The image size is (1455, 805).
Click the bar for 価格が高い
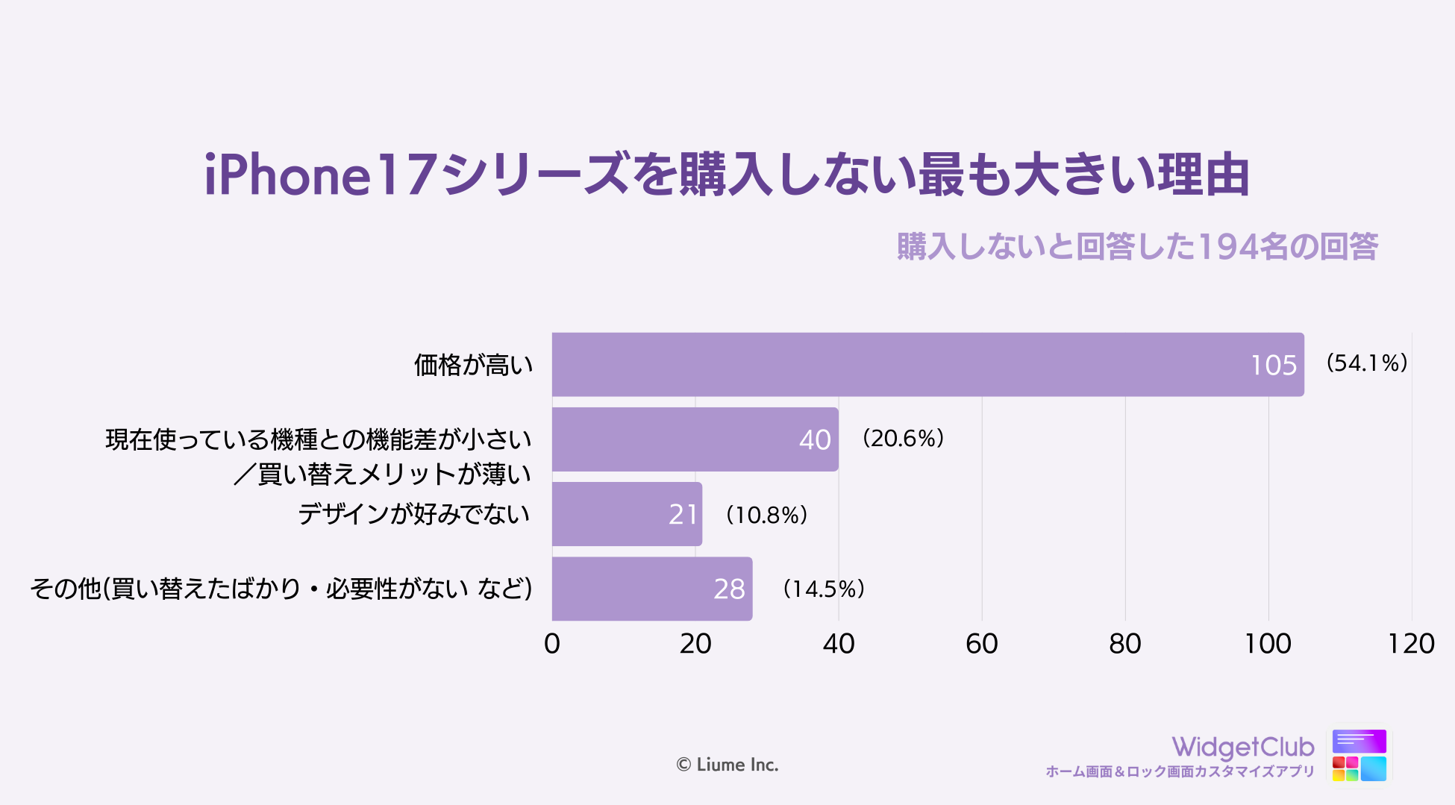point(895,365)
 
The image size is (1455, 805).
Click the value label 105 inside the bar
point(1274,366)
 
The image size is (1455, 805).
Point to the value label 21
point(683,515)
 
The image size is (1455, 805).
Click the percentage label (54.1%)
point(1366,363)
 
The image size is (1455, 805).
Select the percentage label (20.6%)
point(903,438)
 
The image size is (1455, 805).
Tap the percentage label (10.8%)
point(766,515)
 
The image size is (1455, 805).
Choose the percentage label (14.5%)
point(823,589)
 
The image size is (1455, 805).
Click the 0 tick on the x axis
point(552,644)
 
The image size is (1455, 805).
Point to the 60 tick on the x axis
point(981,644)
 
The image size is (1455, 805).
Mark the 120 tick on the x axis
point(1410,644)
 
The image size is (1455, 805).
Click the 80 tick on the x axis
point(1124,644)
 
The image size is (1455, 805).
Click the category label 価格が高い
point(474,365)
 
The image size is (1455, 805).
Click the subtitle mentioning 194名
point(1137,246)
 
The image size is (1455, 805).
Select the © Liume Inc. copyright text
point(727,765)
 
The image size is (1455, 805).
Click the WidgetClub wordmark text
point(1243,747)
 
